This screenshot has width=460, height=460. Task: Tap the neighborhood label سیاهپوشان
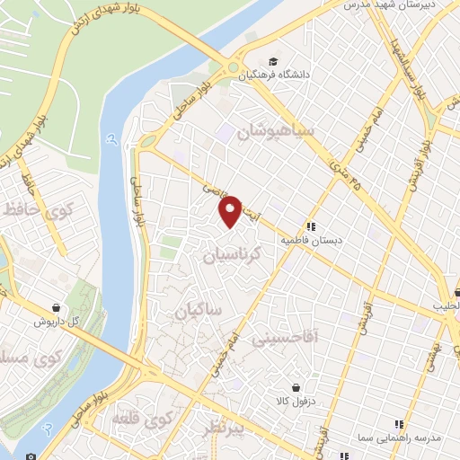(274, 135)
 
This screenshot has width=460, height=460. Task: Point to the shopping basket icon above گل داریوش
(56, 307)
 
